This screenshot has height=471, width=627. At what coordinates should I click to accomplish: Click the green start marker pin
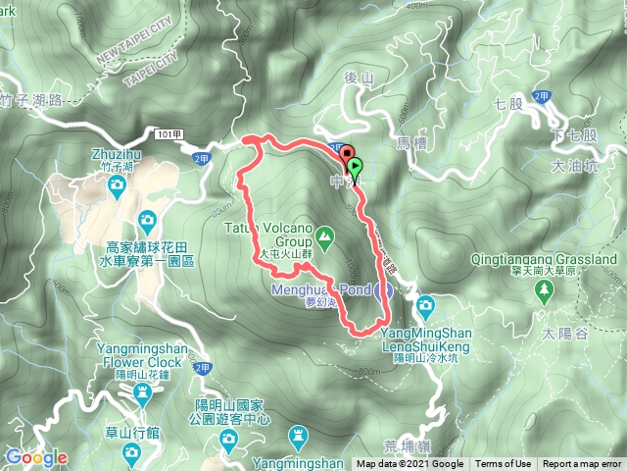pos(355,167)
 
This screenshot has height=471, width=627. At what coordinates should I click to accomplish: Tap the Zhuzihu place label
pos(116,155)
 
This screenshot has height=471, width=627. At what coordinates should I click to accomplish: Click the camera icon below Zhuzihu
pos(116,183)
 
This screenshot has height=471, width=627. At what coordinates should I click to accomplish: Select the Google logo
pos(36,457)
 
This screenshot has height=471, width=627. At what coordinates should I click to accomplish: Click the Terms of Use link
pos(504,464)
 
